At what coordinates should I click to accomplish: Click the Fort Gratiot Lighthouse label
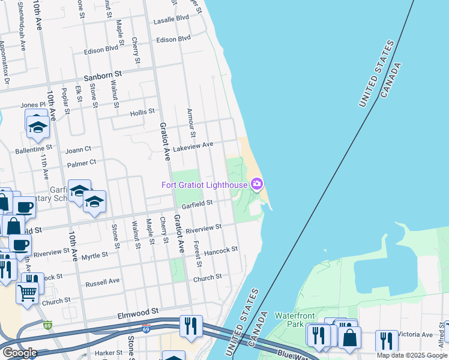click(205, 184)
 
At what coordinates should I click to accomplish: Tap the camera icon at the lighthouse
click(258, 184)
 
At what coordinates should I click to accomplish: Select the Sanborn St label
click(103, 73)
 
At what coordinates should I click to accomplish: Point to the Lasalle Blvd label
click(170, 19)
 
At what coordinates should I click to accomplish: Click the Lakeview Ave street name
click(193, 145)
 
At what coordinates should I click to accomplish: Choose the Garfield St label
click(198, 203)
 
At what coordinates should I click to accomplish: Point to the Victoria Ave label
click(418, 334)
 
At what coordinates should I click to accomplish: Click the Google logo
click(20, 353)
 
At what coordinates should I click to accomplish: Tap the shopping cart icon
click(27, 293)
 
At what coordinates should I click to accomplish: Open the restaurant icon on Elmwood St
click(191, 326)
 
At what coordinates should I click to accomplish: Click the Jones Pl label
click(33, 105)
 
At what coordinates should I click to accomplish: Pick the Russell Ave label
click(103, 281)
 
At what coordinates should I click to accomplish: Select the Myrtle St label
click(94, 255)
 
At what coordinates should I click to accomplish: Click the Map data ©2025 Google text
click(411, 355)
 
